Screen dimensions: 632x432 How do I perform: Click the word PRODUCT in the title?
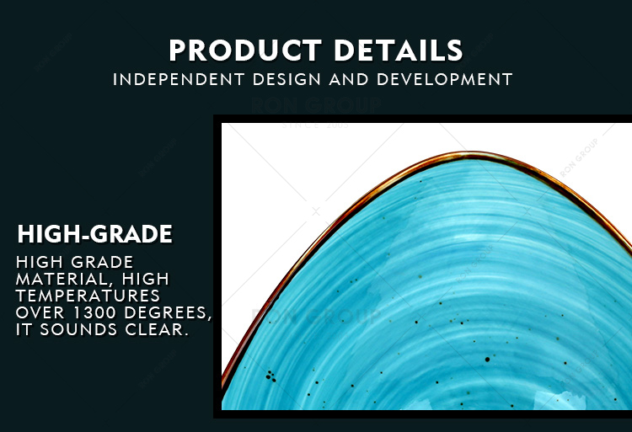click(x=245, y=51)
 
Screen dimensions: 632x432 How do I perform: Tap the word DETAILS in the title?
click(x=399, y=51)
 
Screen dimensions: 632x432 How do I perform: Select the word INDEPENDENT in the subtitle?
click(x=179, y=79)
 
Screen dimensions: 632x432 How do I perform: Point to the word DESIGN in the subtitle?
click(x=287, y=79)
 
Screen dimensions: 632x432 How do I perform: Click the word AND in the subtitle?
click(x=349, y=79)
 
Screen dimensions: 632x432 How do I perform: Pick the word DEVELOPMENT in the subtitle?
click(x=445, y=79)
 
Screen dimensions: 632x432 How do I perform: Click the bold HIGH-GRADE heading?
click(x=94, y=234)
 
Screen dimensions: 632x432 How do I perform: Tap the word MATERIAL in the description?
click(x=59, y=279)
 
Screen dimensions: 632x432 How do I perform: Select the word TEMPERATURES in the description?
click(x=88, y=296)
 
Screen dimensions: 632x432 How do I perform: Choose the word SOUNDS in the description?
click(x=78, y=330)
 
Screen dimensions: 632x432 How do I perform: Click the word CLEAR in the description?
click(x=157, y=330)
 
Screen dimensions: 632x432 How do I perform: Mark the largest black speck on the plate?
click(x=487, y=359)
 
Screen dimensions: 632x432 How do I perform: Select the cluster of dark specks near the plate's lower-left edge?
click(x=270, y=376)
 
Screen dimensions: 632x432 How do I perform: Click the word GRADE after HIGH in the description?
click(x=103, y=262)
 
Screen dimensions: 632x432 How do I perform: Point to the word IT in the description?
click(x=24, y=330)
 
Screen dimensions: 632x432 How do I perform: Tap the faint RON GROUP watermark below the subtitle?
click(x=316, y=105)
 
